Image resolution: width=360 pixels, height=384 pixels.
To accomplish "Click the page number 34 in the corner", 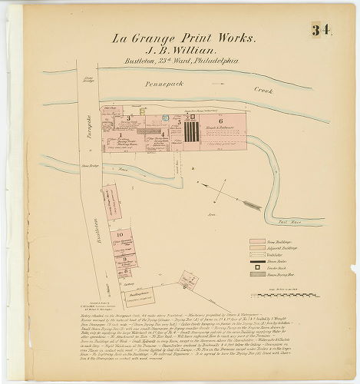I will [319, 31].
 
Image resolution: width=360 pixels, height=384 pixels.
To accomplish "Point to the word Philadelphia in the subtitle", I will [211, 60].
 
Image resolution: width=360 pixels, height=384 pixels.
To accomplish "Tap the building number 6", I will [220, 121].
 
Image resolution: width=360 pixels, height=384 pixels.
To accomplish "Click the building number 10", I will [120, 233].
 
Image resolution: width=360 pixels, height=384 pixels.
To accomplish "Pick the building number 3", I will [178, 122].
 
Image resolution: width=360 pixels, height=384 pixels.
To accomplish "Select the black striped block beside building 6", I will [192, 131].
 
